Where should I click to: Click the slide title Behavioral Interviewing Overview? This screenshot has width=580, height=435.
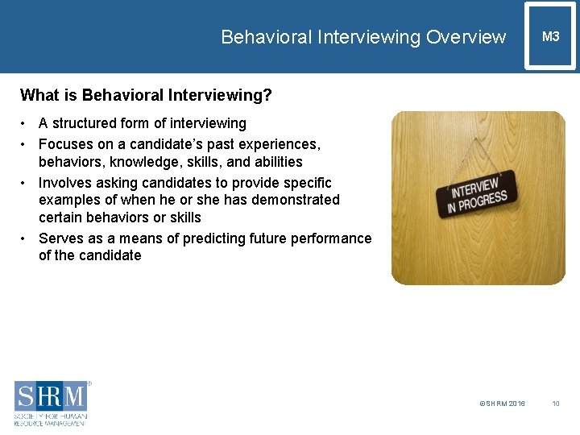coord(363,37)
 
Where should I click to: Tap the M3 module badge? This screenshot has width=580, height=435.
coord(550,36)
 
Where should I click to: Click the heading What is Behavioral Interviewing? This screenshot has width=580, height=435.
coord(146,96)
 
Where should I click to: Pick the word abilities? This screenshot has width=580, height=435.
coord(271,162)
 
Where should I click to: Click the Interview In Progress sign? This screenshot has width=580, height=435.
coord(475,193)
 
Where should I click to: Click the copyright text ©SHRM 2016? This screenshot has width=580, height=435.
coord(502,403)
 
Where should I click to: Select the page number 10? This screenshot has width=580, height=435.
coord(556,403)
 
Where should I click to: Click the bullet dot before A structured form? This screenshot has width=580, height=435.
coord(25,123)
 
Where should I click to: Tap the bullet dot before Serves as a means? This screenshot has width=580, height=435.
coord(25,238)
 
